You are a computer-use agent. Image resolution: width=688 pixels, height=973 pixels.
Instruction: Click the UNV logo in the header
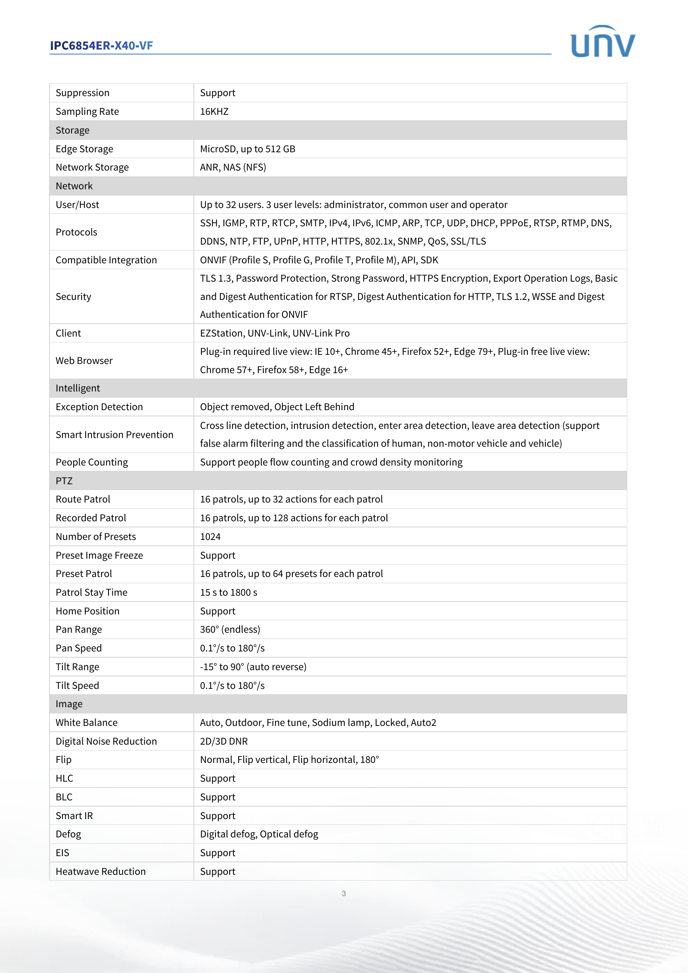point(602,42)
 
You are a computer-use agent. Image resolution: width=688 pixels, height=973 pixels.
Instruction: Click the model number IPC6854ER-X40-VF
point(101,45)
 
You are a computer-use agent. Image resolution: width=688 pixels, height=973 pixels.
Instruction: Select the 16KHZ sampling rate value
point(214,111)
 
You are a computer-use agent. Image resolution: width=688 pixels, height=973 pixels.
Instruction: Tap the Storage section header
point(72,130)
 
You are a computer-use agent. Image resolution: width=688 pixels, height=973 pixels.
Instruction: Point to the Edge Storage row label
point(84,149)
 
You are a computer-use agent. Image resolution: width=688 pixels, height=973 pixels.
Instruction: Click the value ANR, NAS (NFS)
point(233,167)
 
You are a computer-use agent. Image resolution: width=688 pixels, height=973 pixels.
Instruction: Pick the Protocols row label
point(76,232)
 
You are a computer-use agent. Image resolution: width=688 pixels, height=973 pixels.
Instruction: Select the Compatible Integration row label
point(106,260)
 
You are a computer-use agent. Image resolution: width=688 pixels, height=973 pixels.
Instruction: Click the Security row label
point(73,297)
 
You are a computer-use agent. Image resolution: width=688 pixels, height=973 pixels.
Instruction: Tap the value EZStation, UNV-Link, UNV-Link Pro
point(275,333)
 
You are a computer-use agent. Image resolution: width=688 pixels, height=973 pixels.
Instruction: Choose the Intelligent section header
point(77,388)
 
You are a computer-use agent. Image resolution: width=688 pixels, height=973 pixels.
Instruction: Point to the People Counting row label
point(92,462)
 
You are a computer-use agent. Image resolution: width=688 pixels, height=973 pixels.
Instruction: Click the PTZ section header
point(64,480)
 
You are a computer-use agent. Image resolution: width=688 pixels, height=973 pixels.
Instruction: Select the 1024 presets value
point(210,537)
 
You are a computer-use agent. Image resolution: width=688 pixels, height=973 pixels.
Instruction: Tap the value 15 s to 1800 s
point(228,592)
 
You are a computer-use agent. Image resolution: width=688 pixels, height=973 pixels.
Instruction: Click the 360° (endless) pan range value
point(230,629)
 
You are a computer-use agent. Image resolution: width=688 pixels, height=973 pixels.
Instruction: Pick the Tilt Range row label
point(77,666)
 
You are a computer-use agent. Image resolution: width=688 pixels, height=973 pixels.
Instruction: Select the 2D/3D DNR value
point(224,741)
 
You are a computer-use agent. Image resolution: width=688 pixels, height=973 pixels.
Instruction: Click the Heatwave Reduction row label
point(100,871)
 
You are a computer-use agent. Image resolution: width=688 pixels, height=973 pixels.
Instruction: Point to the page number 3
point(344,893)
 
